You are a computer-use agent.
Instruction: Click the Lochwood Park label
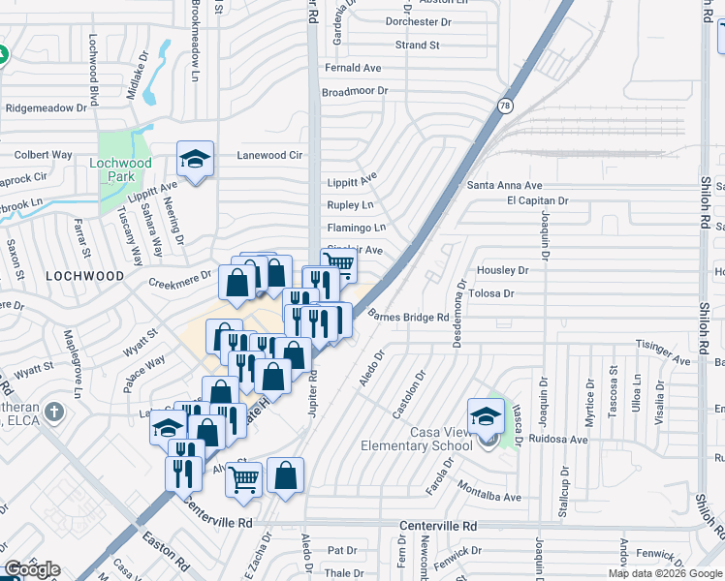coord(120,170)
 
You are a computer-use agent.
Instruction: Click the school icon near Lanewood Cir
coord(195,160)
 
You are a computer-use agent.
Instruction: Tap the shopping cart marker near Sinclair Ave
coord(338,263)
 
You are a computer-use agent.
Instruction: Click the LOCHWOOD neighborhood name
coord(85,276)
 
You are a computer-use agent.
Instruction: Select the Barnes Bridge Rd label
coord(408,316)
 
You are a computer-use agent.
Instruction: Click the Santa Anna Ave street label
coord(504,185)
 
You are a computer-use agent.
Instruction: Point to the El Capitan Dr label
coord(537,200)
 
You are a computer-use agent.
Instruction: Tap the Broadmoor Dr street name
coord(355,91)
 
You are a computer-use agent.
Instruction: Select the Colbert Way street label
coord(43,154)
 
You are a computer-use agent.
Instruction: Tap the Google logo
coord(32,569)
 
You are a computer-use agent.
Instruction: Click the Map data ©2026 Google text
coord(665,573)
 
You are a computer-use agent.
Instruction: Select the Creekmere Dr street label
coord(179,282)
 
